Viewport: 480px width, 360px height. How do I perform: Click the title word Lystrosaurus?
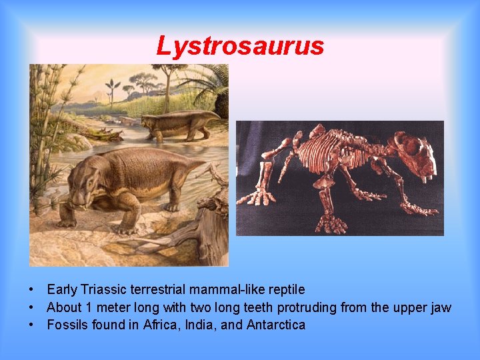240,47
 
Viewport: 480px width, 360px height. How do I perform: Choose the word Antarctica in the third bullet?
276,325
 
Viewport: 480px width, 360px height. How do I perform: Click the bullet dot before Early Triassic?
32,291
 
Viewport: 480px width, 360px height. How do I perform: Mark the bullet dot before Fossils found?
32,326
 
